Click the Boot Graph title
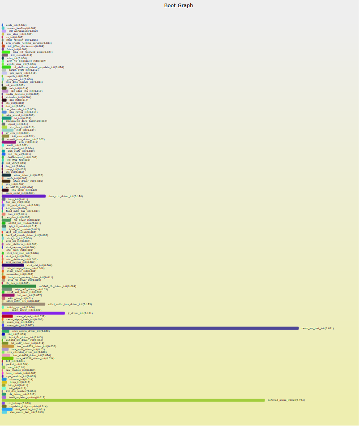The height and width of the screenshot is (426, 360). tap(179, 5)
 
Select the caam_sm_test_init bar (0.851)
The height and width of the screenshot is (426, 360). tap(150, 328)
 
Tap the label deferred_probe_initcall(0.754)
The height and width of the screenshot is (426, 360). tap(286, 400)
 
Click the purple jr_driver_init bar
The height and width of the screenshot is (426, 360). tap(33, 313)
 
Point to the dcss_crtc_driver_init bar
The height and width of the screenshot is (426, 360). tap(24, 196)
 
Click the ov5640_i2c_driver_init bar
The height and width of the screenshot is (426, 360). tap(19, 286)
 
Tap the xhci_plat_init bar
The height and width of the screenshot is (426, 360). tap(13, 265)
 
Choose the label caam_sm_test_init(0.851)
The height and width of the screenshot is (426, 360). tap(317, 328)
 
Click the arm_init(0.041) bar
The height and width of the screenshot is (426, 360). tap(9, 142)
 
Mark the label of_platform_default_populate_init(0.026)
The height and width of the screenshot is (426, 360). tap(39, 67)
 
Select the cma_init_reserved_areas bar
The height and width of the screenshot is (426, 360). tap(6, 52)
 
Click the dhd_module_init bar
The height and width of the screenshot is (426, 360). tap(7, 409)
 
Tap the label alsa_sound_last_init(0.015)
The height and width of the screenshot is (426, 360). tap(27, 412)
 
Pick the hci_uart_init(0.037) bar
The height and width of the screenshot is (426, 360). tap(8, 295)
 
